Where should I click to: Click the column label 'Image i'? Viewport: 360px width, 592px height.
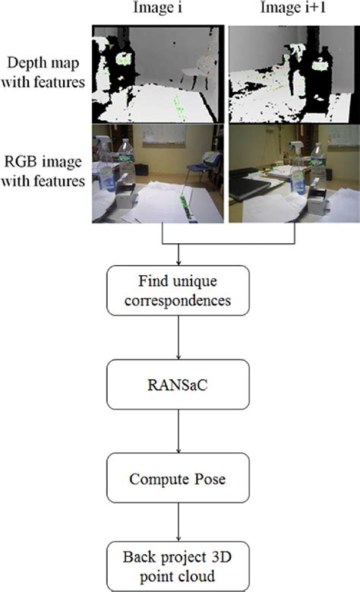(x=157, y=9)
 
